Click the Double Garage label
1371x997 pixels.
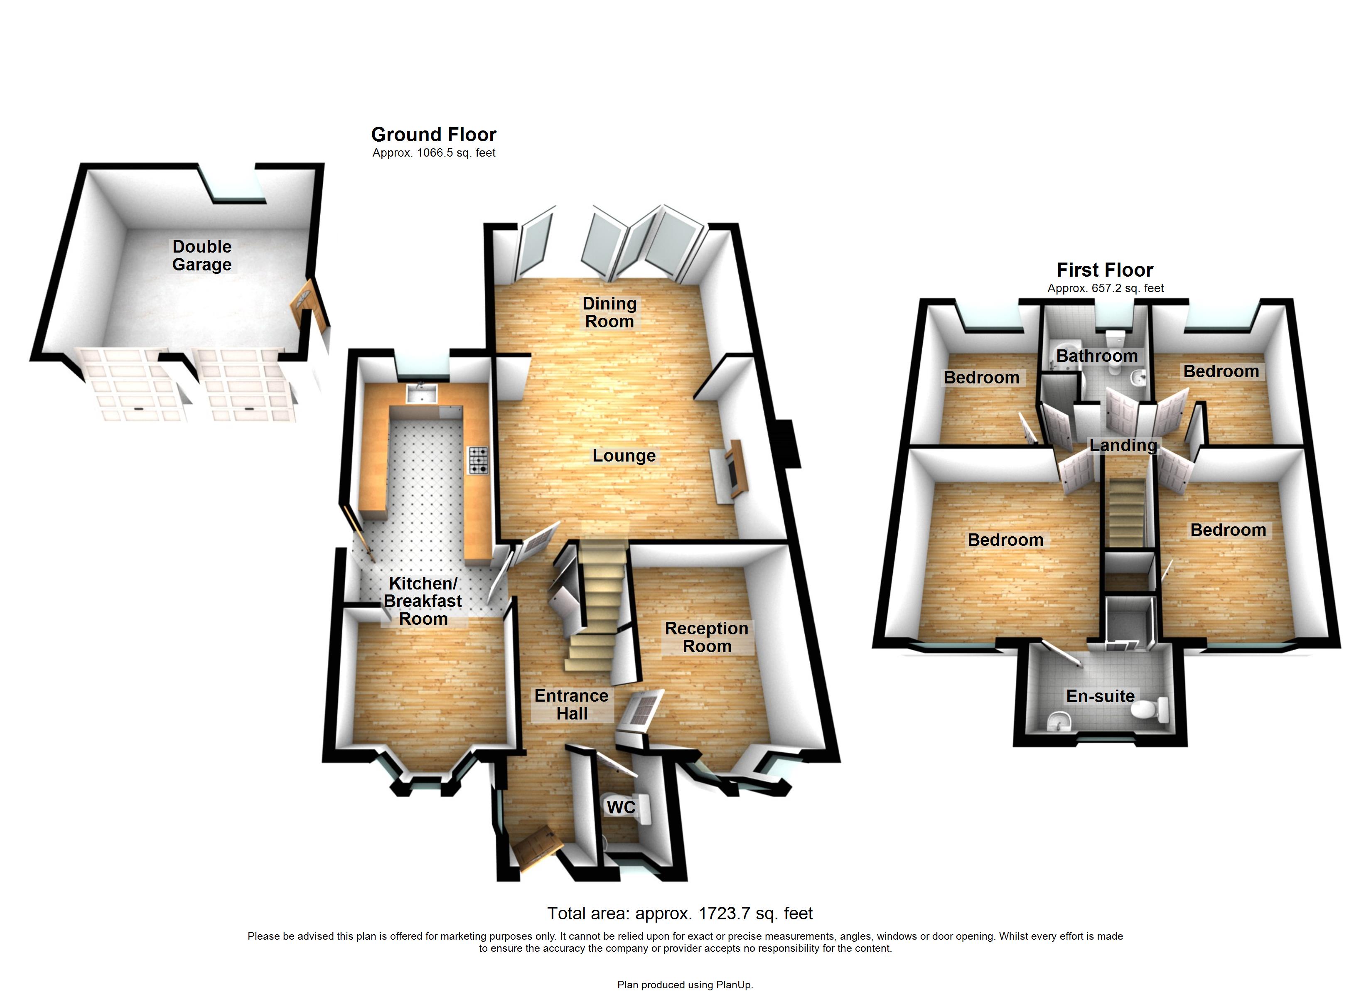pos(202,255)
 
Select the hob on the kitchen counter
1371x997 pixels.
pos(477,460)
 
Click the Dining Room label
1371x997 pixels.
pos(609,312)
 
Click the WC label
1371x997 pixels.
pos(621,807)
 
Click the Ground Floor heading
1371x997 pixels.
pos(433,134)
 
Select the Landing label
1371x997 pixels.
pos(1123,446)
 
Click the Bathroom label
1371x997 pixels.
pos(1096,356)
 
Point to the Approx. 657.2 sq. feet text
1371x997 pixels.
pos(1105,288)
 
